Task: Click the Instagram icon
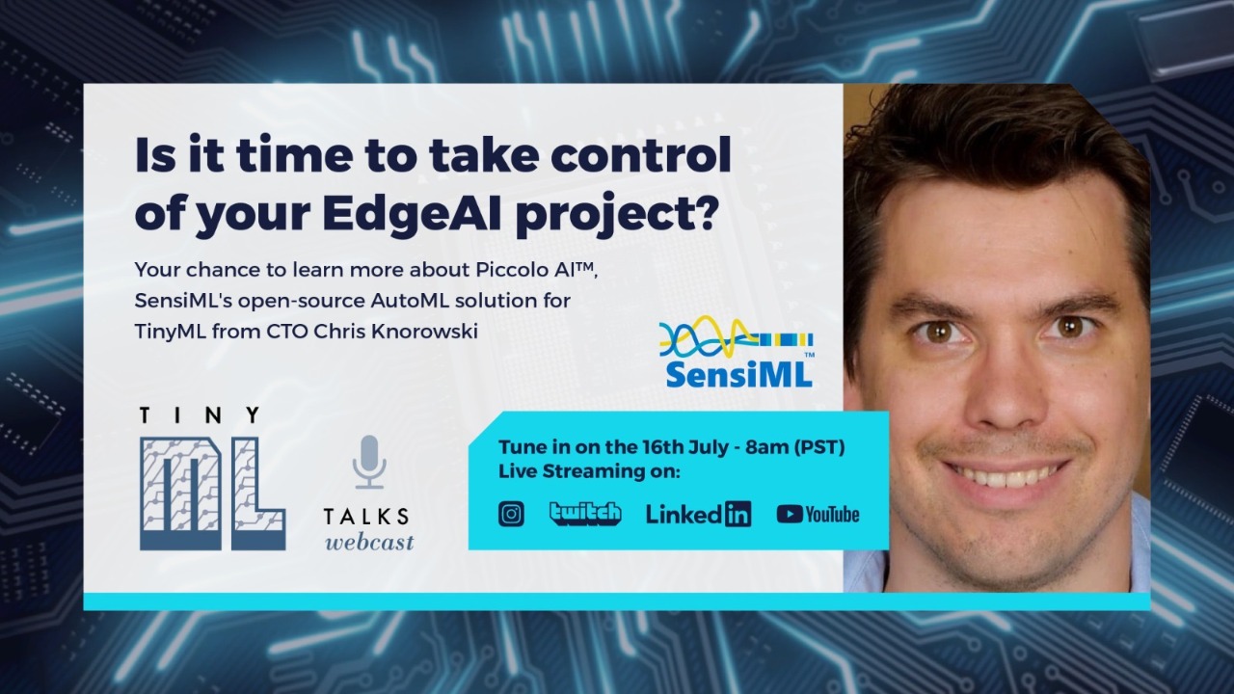click(x=511, y=515)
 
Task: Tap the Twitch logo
click(x=585, y=514)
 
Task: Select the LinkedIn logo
click(x=698, y=515)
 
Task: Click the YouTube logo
click(x=818, y=515)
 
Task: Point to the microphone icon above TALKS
click(x=368, y=462)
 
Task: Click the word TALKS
click(x=366, y=517)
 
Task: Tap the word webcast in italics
click(x=369, y=542)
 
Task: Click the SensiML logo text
click(x=738, y=373)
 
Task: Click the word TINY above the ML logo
click(x=200, y=415)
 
